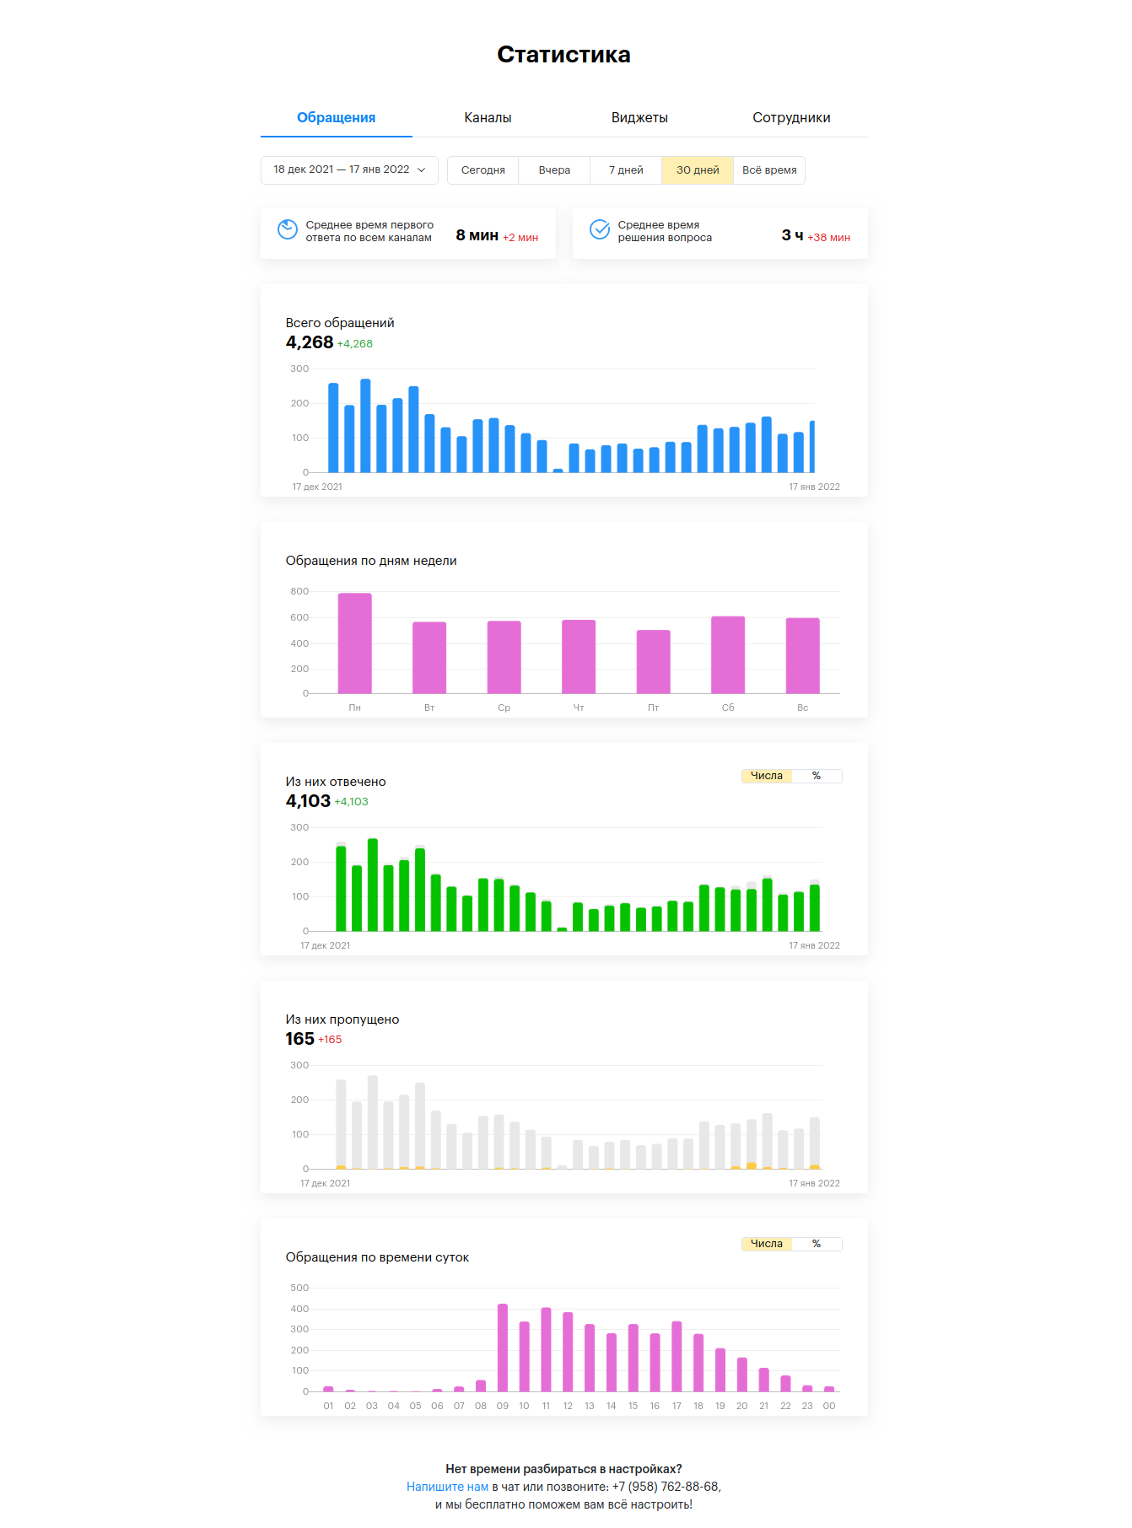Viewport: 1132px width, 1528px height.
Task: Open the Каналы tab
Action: (488, 118)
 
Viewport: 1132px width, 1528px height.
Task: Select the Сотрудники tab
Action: (791, 118)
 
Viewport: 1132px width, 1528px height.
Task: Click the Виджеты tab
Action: (639, 118)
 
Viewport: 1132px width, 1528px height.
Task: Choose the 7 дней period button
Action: (626, 170)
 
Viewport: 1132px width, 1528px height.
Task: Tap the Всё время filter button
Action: (769, 170)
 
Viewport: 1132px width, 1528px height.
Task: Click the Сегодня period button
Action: (482, 170)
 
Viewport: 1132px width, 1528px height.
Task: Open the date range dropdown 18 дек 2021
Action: (349, 170)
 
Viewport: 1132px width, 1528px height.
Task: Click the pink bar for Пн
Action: (354, 643)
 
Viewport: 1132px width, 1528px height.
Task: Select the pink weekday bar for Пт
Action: (653, 662)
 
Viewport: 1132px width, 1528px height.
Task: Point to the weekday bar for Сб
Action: (728, 655)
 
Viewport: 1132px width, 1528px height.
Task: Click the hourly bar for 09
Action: (503, 1348)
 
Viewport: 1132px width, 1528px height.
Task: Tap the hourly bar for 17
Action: (677, 1356)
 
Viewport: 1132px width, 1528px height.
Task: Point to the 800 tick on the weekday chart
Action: (299, 591)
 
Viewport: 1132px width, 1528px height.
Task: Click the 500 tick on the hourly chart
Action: (299, 1288)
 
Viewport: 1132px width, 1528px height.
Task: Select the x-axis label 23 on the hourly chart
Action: (807, 1406)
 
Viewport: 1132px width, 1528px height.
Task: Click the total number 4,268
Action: (310, 342)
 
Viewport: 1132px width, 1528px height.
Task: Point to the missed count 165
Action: (299, 1039)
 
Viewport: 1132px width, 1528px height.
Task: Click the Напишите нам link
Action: (447, 1487)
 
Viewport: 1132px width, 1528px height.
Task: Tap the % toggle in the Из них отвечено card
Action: (817, 776)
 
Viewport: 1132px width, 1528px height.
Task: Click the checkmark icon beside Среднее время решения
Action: (600, 229)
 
